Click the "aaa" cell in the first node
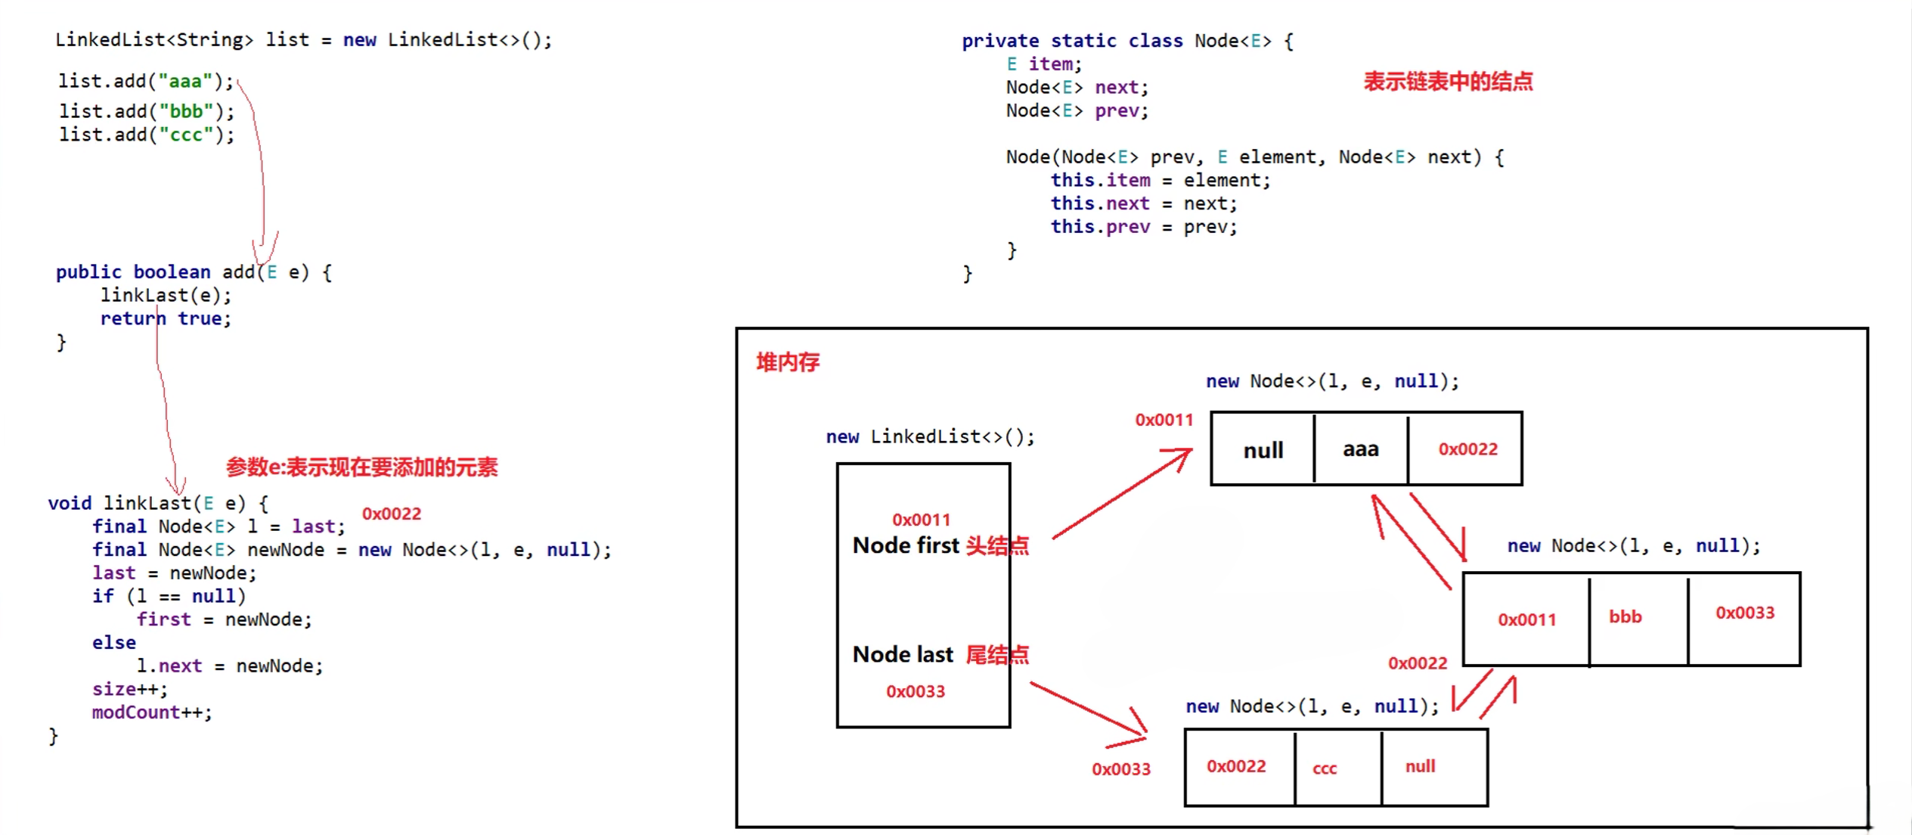[x=1360, y=449]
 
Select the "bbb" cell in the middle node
[x=1625, y=617]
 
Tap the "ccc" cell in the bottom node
[x=1325, y=768]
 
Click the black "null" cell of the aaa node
[x=1263, y=451]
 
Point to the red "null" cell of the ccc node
[x=1420, y=766]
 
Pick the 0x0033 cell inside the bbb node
[x=1744, y=613]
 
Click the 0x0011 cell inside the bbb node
[x=1526, y=619]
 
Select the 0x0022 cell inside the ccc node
[x=1236, y=766]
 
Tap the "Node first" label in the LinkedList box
[x=906, y=545]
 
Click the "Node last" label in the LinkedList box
[x=903, y=654]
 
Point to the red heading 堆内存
[x=788, y=362]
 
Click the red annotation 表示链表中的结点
[x=1448, y=82]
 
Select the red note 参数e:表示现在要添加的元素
[x=361, y=467]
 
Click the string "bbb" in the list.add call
[x=186, y=112]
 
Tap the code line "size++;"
[x=129, y=689]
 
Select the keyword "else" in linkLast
[x=114, y=643]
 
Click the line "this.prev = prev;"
[x=1143, y=227]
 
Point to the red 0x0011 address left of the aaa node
[x=1164, y=420]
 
